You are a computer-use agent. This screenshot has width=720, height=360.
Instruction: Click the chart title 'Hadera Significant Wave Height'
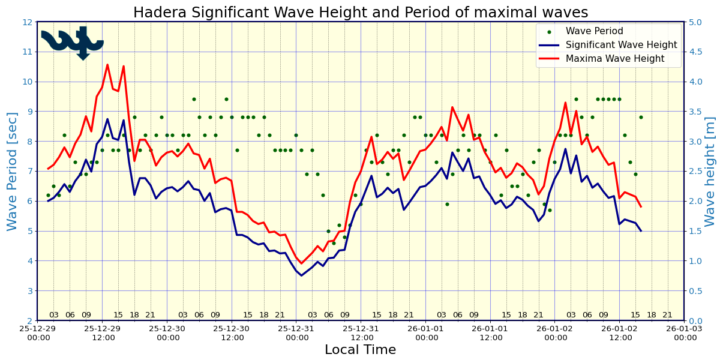pyautogui.click(x=360, y=13)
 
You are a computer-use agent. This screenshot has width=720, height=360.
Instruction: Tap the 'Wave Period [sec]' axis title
pyautogui.click(x=13, y=171)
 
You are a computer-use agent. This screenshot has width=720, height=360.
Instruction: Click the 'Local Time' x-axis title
pyautogui.click(x=360, y=350)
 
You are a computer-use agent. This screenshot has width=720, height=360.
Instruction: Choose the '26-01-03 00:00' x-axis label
pyautogui.click(x=684, y=333)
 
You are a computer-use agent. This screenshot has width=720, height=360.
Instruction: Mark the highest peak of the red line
pyautogui.click(x=107, y=65)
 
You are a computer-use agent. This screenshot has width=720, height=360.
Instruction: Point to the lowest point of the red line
pyautogui.click(x=301, y=263)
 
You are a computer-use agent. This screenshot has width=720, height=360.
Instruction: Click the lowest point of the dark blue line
pyautogui.click(x=301, y=275)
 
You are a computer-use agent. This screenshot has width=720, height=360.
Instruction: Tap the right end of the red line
pyautogui.click(x=641, y=206)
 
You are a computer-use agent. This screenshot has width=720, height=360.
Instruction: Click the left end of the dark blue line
pyautogui.click(x=48, y=201)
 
